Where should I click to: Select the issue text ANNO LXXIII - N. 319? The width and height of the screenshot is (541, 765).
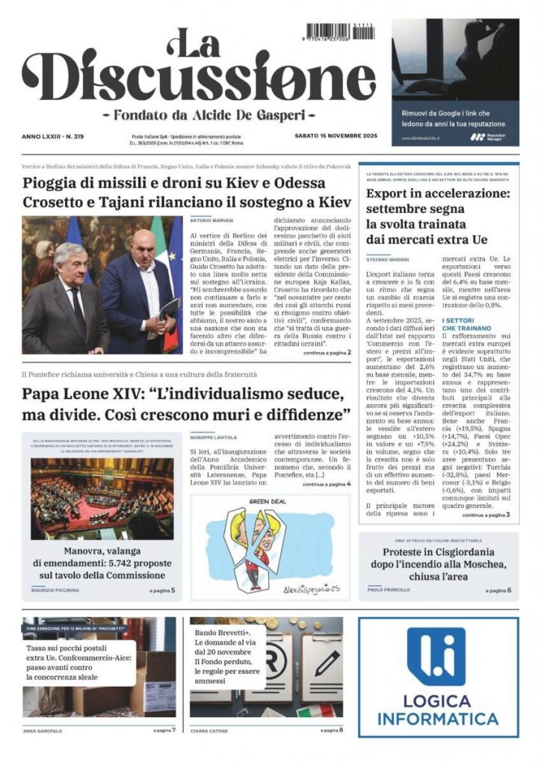coord(53,136)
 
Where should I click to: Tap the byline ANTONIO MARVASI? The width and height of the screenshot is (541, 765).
coord(212,220)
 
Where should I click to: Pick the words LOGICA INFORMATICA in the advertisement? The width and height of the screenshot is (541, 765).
coord(439,710)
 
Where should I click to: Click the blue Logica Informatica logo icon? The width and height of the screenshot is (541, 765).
coord(436,657)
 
